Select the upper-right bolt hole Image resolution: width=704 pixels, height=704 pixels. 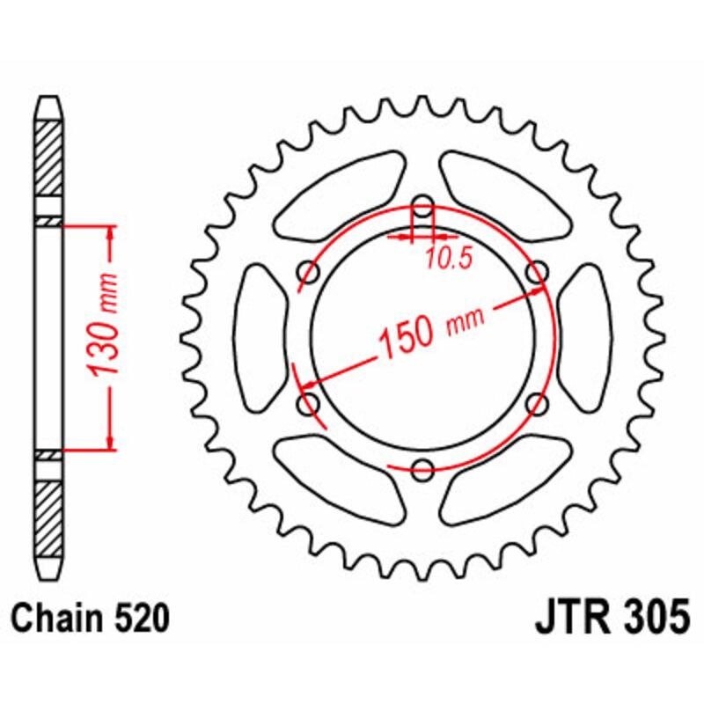point(534,274)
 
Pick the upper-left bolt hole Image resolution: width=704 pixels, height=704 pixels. point(310,274)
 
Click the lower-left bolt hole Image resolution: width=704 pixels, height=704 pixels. point(310,403)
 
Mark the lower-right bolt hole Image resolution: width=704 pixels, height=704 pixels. point(534,403)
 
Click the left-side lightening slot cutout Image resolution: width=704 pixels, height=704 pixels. point(261,339)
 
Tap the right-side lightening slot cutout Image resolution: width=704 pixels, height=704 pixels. point(583,339)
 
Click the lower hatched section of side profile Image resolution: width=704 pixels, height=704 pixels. point(48,515)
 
